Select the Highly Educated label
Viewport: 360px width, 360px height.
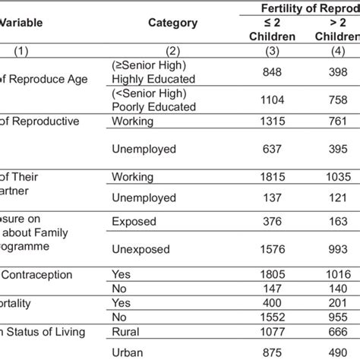(153, 79)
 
